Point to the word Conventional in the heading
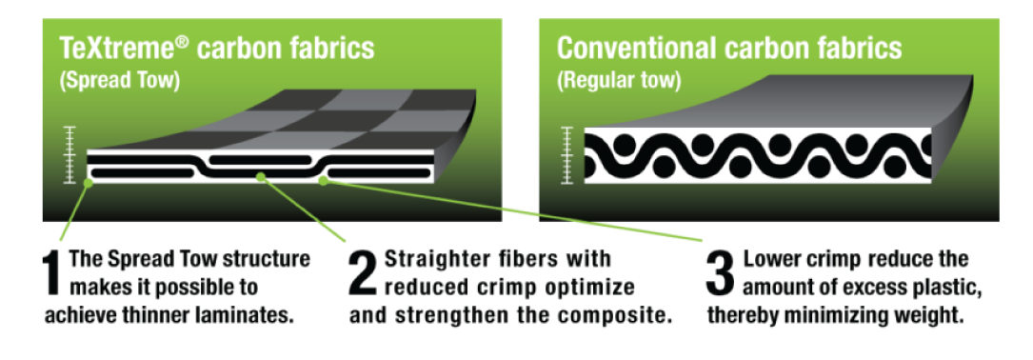pos(632,49)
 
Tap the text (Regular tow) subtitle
pos(618,82)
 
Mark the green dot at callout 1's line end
pos(88,183)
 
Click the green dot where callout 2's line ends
pos(262,177)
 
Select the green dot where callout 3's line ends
pos(323,181)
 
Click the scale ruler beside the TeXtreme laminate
pos(70,154)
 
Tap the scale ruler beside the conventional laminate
pos(566,154)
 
